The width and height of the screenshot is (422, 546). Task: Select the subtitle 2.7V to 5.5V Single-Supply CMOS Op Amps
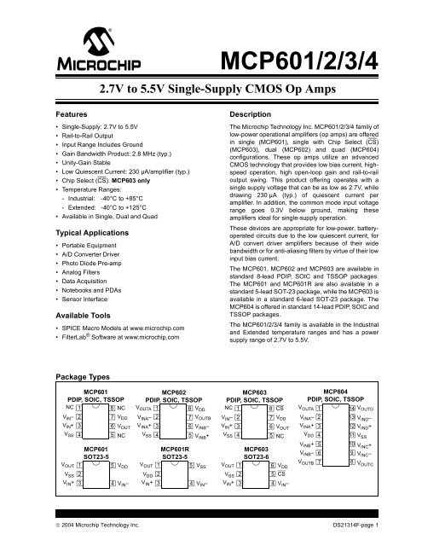coord(211,87)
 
